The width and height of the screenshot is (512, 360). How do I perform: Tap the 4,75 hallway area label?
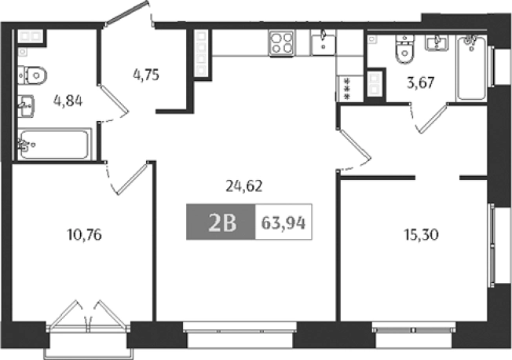pyautogui.click(x=146, y=75)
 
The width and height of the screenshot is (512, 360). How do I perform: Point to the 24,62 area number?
pyautogui.click(x=243, y=186)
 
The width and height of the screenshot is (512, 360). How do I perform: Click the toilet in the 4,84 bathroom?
pyautogui.click(x=34, y=75)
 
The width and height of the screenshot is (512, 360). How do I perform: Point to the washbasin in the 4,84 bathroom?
pyautogui.click(x=26, y=104)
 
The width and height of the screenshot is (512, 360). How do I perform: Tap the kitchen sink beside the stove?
pyautogui.click(x=322, y=42)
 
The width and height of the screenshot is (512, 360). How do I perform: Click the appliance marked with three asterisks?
pyautogui.click(x=346, y=88)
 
